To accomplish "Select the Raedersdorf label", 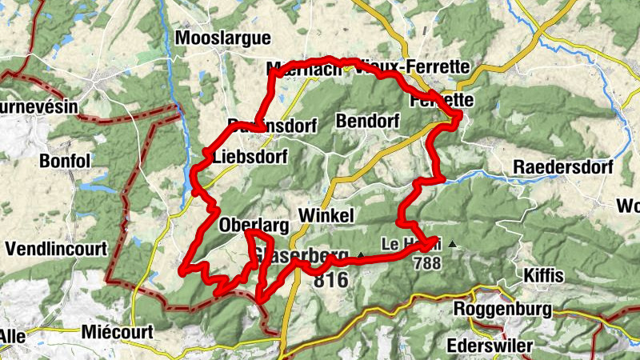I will (563, 168).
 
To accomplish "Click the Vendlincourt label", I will (55, 250).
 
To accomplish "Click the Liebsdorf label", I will (250, 158).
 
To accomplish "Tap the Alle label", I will (11, 337).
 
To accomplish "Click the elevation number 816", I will (330, 281).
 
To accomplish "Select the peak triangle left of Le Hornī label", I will (360, 255).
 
